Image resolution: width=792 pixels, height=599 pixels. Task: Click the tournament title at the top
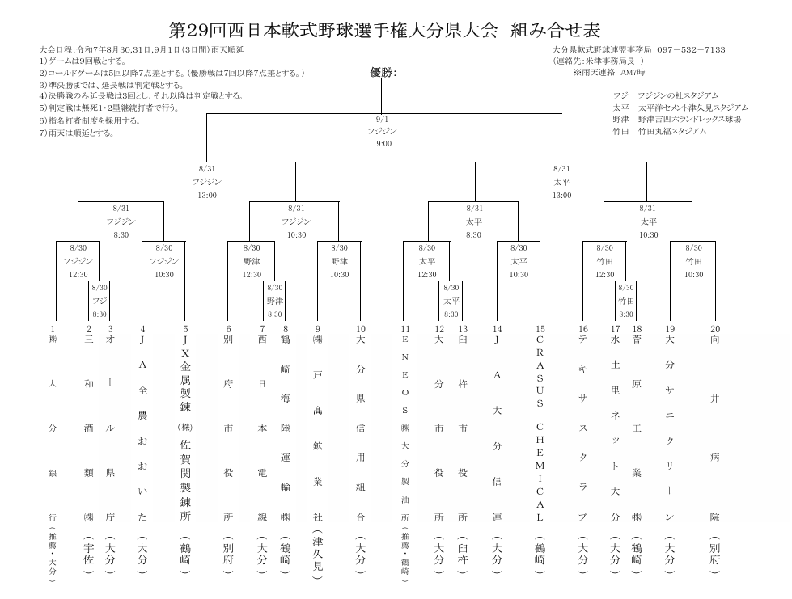(x=384, y=30)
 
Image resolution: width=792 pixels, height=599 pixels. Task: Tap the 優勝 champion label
(x=383, y=73)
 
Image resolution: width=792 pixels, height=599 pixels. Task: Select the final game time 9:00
(x=384, y=144)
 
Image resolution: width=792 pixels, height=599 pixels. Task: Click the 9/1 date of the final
(x=382, y=120)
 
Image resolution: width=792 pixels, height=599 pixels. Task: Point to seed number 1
(x=53, y=329)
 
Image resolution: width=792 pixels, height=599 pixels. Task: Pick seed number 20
(x=715, y=329)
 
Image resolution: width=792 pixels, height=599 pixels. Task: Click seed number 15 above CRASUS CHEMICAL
(x=540, y=329)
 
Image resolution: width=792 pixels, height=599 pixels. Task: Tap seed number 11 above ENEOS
(x=405, y=329)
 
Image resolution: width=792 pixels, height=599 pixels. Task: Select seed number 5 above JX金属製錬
(x=185, y=329)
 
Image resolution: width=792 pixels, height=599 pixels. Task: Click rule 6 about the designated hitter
(x=90, y=120)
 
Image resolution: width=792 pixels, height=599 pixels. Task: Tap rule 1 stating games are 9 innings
(x=83, y=61)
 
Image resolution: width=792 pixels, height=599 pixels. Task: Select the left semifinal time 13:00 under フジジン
(x=207, y=196)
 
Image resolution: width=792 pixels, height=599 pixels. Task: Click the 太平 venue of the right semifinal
(x=561, y=182)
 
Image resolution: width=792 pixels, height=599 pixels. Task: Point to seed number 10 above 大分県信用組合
(x=361, y=329)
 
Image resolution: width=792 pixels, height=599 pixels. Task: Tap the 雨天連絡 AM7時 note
(x=608, y=72)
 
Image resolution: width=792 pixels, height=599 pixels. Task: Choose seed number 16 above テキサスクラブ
(x=583, y=329)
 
